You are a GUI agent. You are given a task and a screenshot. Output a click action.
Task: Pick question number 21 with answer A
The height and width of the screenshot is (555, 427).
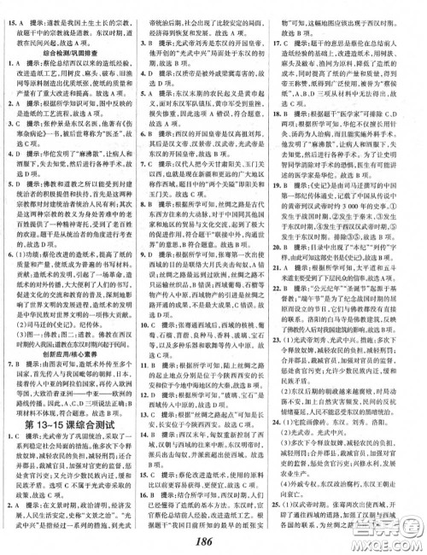[x=291, y=291]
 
